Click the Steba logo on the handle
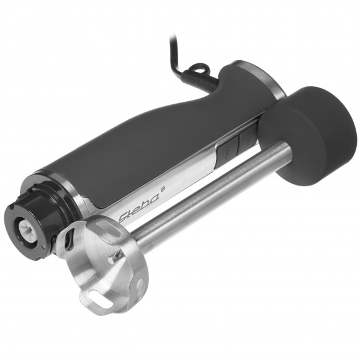tap(140, 206)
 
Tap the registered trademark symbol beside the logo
tap(164, 189)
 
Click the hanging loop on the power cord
tap(199, 68)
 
